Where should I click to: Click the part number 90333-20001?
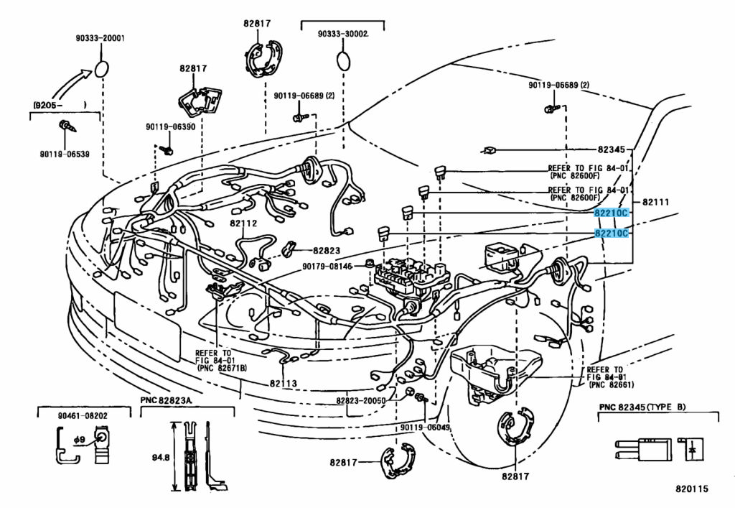[100, 39]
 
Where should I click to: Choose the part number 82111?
[655, 202]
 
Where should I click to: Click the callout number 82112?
[243, 223]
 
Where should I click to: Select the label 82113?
[284, 384]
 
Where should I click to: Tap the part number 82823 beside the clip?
[326, 250]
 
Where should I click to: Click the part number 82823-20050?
[360, 400]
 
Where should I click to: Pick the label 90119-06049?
[426, 427]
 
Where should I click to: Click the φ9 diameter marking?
[80, 438]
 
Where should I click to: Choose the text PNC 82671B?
[223, 368]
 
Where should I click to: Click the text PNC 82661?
[609, 385]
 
